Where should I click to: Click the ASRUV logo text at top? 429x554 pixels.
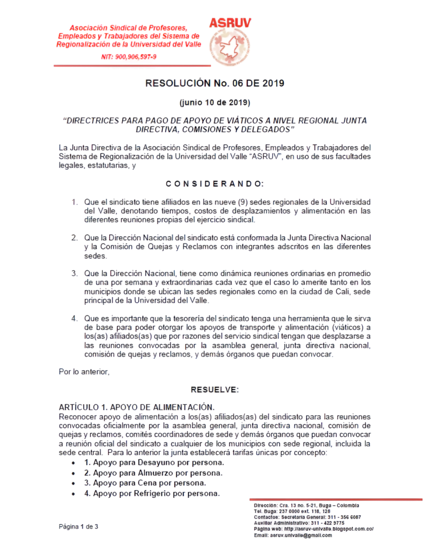point(230,23)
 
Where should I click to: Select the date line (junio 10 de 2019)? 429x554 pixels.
point(215,102)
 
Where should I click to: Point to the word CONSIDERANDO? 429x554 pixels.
point(215,183)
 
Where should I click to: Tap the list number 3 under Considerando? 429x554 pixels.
point(75,273)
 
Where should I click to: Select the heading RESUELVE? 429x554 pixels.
point(215,390)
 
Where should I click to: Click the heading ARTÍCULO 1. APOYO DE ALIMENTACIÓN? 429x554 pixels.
point(137,406)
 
